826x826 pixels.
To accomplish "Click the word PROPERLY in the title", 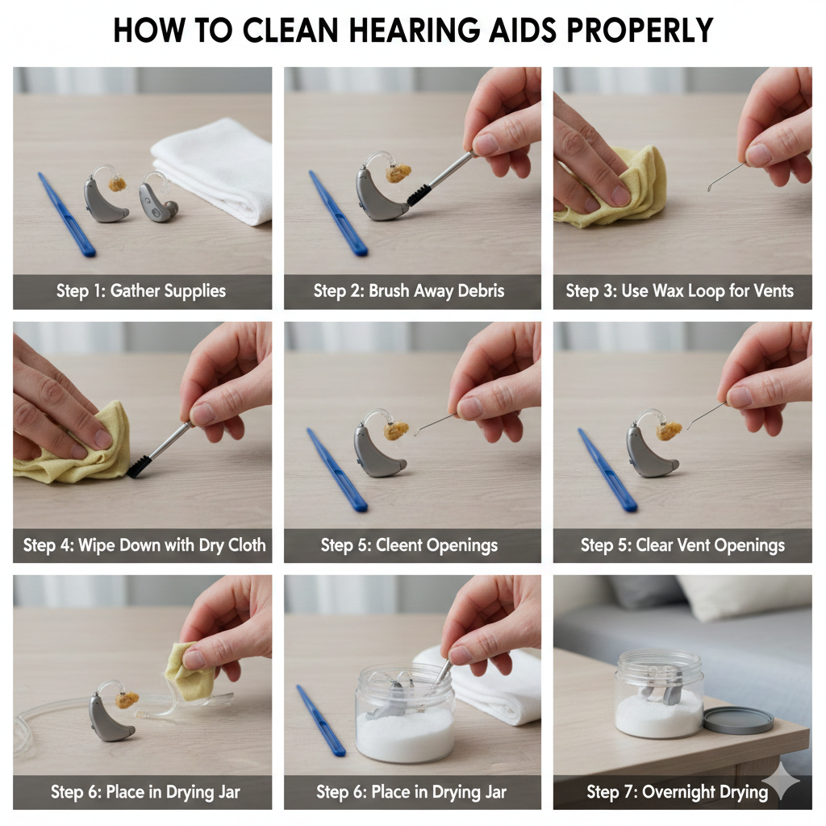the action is [x=640, y=31].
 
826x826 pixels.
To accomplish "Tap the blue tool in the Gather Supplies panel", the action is [x=66, y=214].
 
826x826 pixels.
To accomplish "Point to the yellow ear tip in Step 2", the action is [x=398, y=173].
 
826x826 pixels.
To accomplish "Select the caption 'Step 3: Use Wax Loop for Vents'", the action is [x=679, y=290].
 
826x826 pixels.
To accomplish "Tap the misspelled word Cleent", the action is [x=398, y=544].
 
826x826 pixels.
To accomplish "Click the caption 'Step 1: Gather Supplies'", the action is [x=141, y=290].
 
